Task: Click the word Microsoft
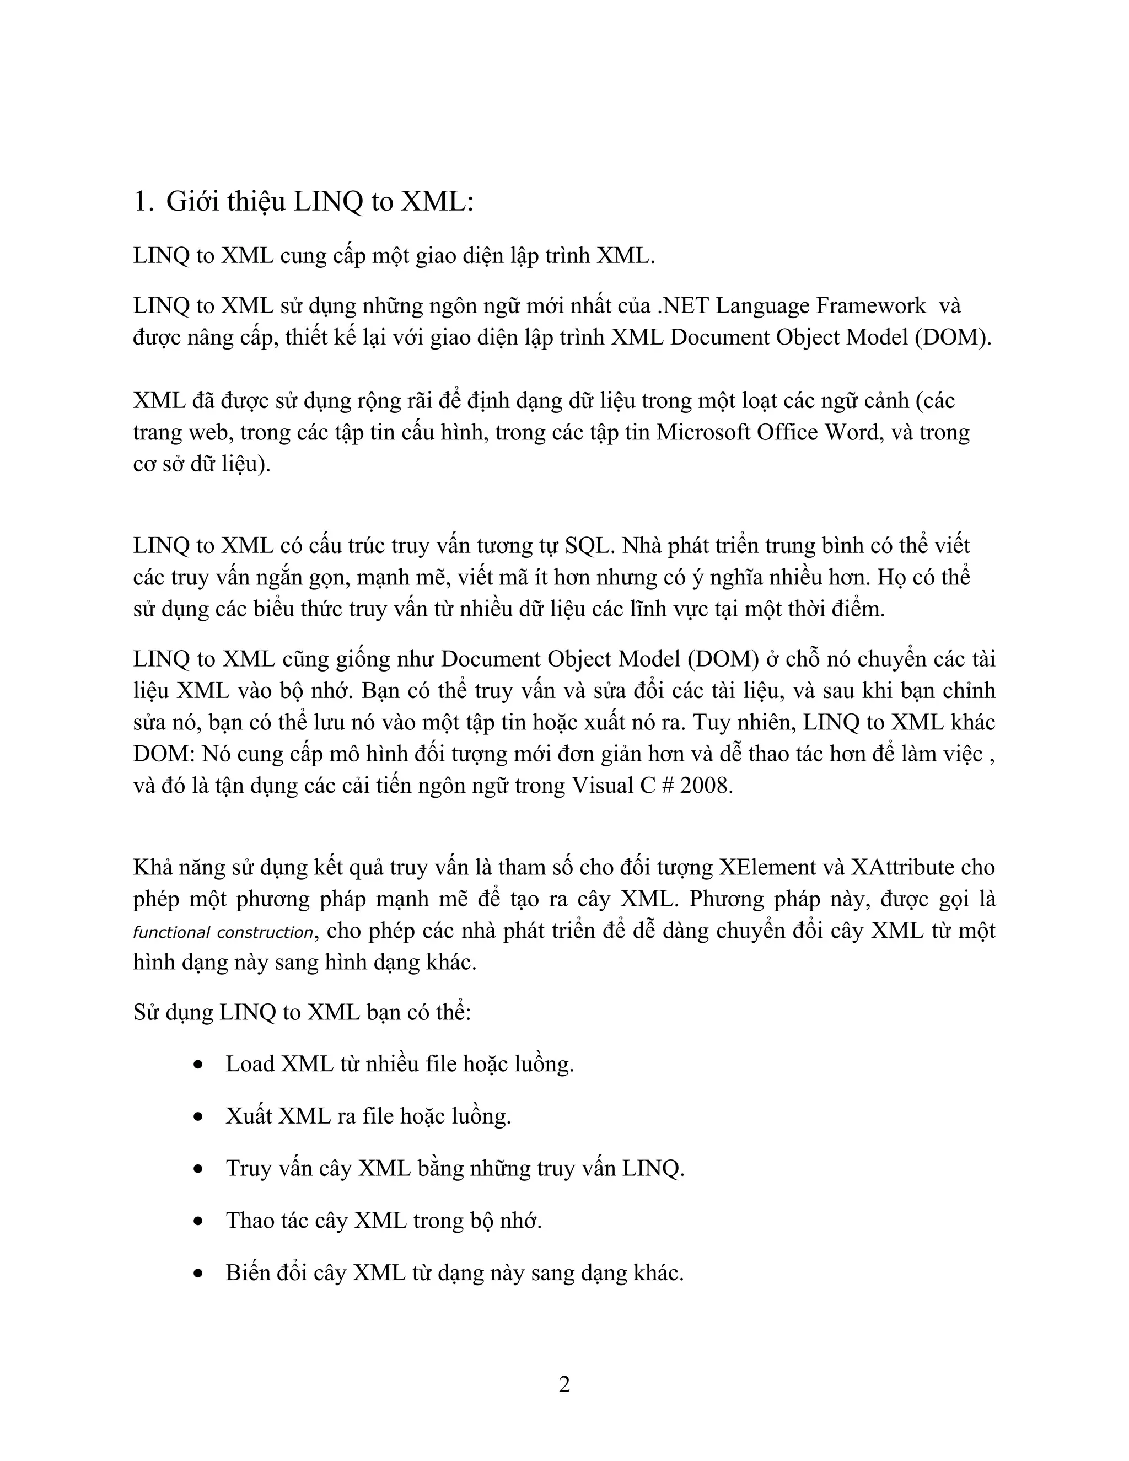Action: coord(703,432)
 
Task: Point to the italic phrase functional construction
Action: coord(223,932)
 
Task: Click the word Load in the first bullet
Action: coord(250,1063)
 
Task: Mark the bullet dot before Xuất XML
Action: coord(198,1116)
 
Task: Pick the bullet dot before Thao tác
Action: coord(198,1221)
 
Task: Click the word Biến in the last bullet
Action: coord(248,1272)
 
